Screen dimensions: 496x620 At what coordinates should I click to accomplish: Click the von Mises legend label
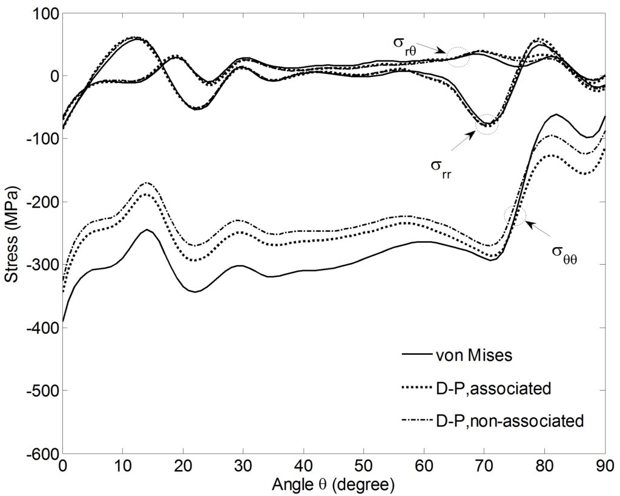(474, 355)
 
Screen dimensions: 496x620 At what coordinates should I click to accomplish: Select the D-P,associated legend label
(493, 388)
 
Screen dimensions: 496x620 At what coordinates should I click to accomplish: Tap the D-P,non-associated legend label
(510, 420)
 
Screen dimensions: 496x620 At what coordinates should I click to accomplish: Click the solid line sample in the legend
(416, 355)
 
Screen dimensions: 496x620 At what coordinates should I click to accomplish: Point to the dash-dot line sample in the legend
(416, 420)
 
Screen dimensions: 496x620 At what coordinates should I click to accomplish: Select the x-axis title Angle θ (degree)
(334, 484)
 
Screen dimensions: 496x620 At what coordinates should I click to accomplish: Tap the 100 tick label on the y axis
(41, 13)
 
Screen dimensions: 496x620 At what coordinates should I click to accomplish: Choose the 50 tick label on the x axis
(363, 466)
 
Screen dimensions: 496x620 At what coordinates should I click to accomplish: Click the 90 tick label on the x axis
(604, 466)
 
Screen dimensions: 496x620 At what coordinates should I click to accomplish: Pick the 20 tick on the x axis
(183, 466)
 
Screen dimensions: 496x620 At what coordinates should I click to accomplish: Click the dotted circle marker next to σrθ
(458, 57)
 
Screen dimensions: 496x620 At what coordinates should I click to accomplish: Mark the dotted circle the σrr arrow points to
(486, 124)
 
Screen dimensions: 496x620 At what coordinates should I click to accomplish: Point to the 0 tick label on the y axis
(51, 76)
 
